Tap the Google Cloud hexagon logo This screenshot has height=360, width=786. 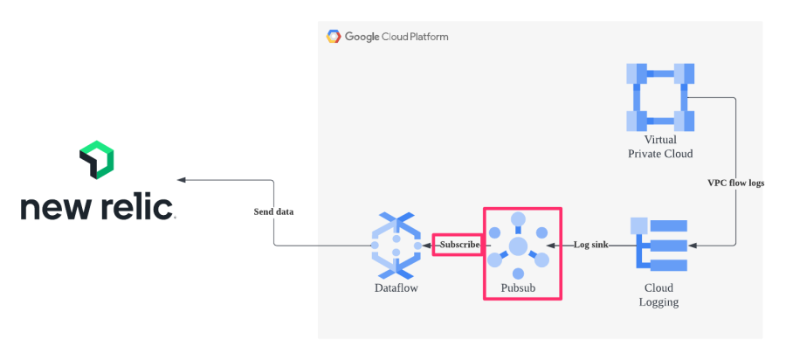pyautogui.click(x=334, y=37)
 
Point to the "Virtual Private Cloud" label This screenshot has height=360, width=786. pyautogui.click(x=660, y=147)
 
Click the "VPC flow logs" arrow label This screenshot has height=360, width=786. pyautogui.click(x=735, y=183)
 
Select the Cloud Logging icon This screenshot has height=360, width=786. pyautogui.click(x=660, y=246)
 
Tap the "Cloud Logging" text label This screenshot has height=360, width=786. pyautogui.click(x=660, y=295)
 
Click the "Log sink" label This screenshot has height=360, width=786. pyautogui.click(x=590, y=245)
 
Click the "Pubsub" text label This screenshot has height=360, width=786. pyautogui.click(x=519, y=287)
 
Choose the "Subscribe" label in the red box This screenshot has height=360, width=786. pyautogui.click(x=458, y=245)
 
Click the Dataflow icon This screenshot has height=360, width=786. pyautogui.click(x=396, y=246)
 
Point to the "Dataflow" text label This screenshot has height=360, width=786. pyautogui.click(x=395, y=287)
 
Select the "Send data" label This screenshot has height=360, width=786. pyautogui.click(x=274, y=211)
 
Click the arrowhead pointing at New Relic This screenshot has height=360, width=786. pyautogui.click(x=182, y=180)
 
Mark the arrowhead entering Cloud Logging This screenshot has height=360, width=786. pyautogui.click(x=692, y=246)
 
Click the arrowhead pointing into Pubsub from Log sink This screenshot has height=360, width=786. pyautogui.click(x=563, y=246)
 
